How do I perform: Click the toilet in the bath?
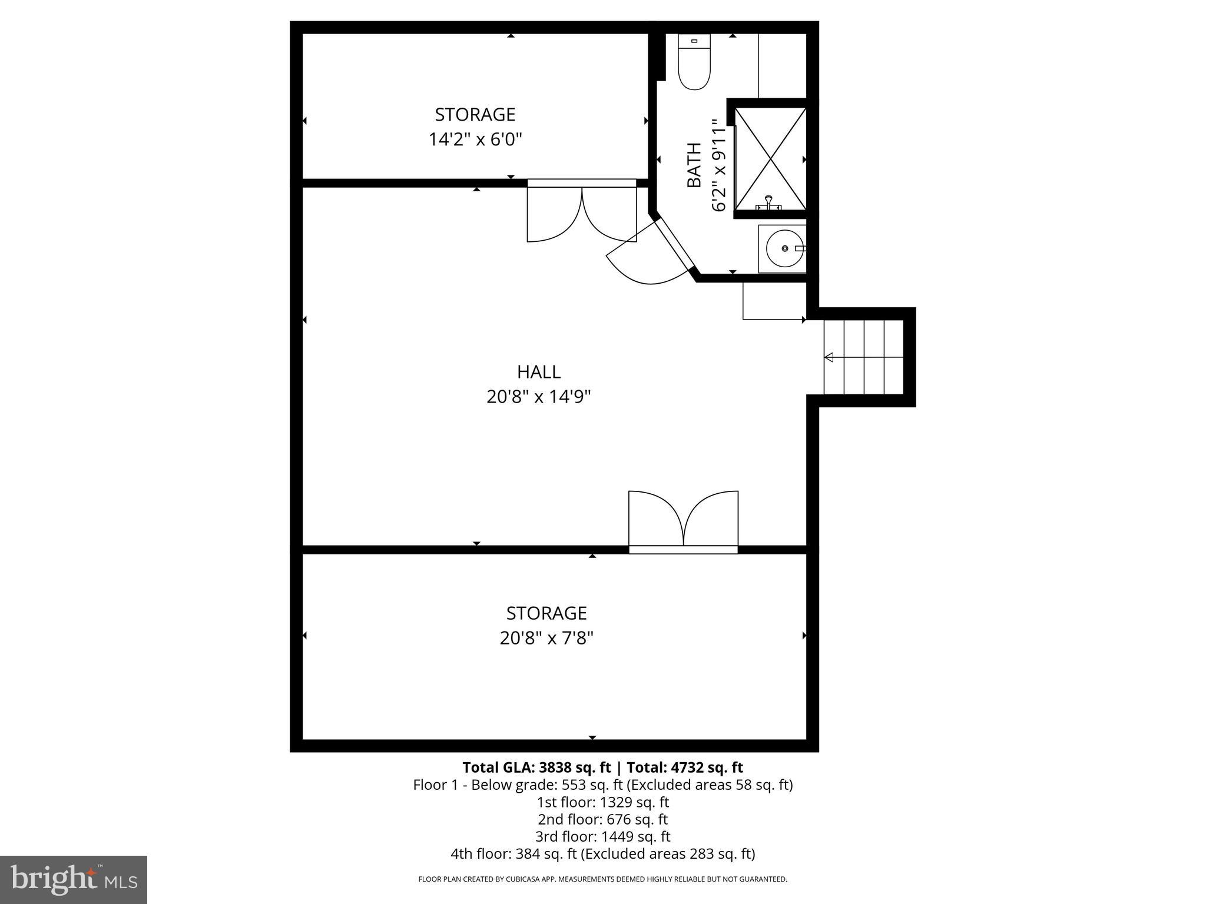pyautogui.click(x=694, y=61)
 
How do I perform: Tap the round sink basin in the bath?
pyautogui.click(x=786, y=249)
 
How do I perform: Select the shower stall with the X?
pyautogui.click(x=770, y=159)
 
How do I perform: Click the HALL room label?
pyautogui.click(x=539, y=372)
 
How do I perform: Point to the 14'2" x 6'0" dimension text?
pyautogui.click(x=475, y=140)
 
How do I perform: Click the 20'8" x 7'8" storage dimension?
pyautogui.click(x=546, y=638)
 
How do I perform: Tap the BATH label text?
pyautogui.click(x=695, y=165)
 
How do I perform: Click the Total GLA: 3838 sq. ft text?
pyautogui.click(x=536, y=767)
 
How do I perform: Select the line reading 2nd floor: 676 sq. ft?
pyautogui.click(x=602, y=819)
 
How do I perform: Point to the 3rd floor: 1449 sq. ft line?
pyautogui.click(x=602, y=836)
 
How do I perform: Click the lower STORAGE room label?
pyautogui.click(x=546, y=613)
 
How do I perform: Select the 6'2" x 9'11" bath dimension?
pyautogui.click(x=720, y=165)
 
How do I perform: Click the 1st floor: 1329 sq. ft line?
pyautogui.click(x=602, y=802)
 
